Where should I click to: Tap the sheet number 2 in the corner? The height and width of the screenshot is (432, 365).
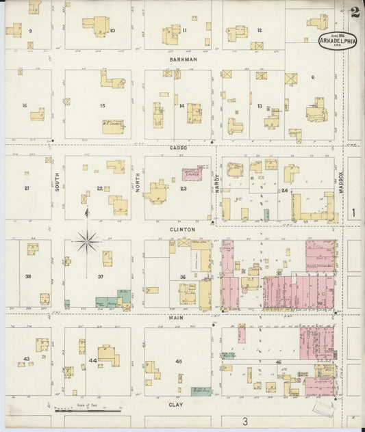[354, 12]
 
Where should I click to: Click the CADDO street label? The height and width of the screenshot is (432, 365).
[179, 147]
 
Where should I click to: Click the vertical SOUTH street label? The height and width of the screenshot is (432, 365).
[58, 180]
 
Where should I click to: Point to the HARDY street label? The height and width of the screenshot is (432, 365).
[217, 182]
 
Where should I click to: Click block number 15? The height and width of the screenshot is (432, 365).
[102, 105]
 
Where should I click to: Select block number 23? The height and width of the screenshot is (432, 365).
[183, 189]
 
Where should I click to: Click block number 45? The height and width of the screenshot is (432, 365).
[179, 360]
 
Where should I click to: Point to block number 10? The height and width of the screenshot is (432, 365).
[112, 31]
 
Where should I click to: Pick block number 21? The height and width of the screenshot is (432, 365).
[27, 188]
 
